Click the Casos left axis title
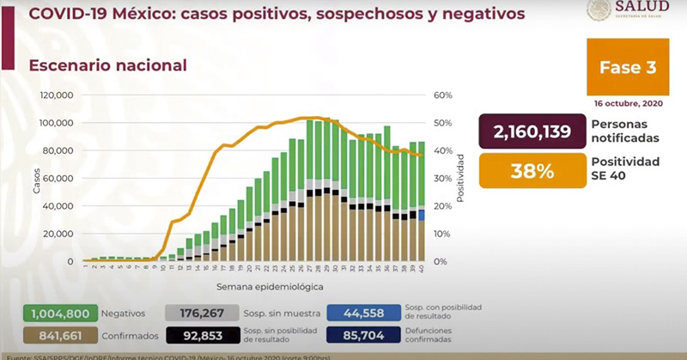click(x=37, y=178)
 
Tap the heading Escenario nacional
click(x=107, y=64)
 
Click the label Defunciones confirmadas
click(x=436, y=336)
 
